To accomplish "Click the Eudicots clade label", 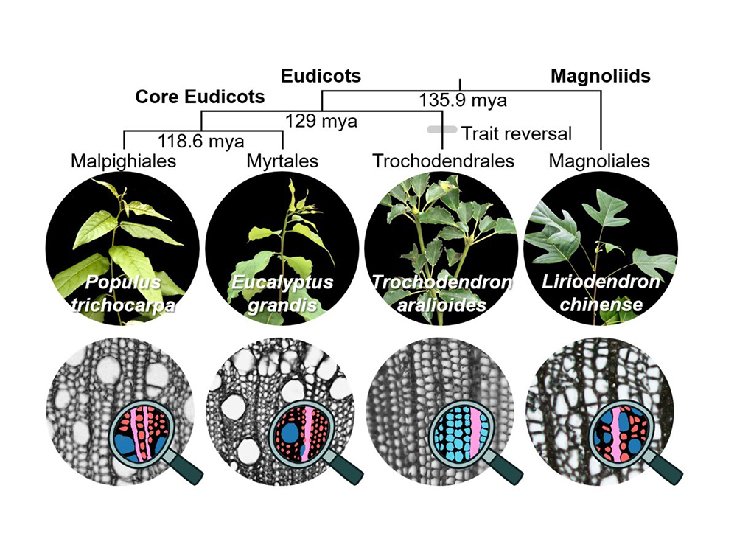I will [321, 75].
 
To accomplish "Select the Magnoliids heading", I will [601, 75].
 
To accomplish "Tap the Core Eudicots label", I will [200, 97].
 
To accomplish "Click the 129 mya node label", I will [321, 120].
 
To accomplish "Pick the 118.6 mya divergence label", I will [201, 141].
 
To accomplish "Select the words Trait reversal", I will [516, 133].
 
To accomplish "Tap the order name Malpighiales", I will [123, 161].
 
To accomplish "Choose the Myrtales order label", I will [283, 161].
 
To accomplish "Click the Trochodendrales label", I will [443, 161].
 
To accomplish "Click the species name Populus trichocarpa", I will [123, 293].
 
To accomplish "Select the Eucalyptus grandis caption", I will [283, 293].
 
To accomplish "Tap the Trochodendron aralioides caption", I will [443, 293].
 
